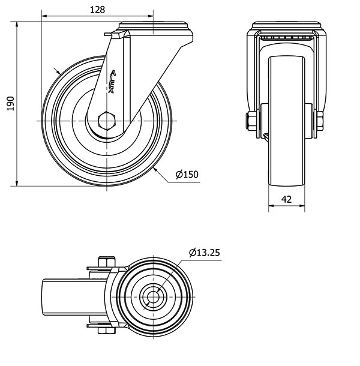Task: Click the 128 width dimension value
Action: (97, 10)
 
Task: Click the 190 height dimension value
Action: (11, 103)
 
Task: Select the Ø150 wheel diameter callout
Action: (187, 175)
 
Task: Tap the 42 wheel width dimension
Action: (286, 199)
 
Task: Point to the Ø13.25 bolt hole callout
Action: (205, 253)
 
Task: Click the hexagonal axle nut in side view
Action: (107, 121)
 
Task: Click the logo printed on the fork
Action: (112, 82)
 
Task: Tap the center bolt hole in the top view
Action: (153, 297)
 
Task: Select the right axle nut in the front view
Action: (320, 121)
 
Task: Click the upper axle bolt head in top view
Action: (107, 262)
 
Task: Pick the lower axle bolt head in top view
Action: (107, 330)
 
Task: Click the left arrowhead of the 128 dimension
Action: (44, 16)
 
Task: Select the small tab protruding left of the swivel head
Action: (108, 34)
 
